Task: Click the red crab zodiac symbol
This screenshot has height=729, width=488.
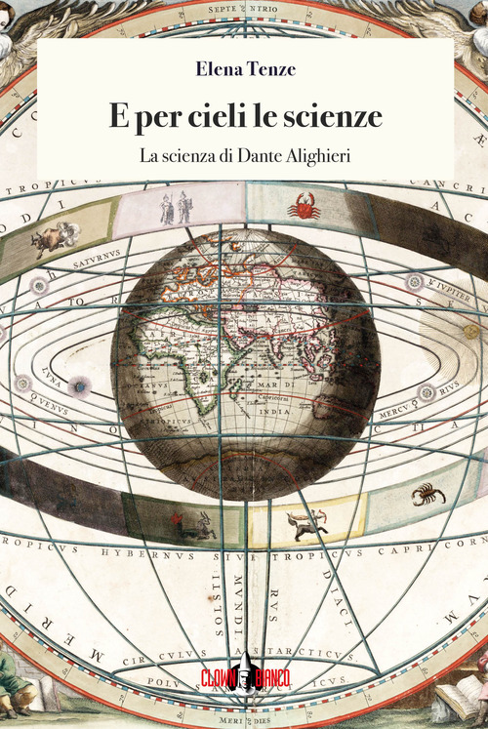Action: click(x=304, y=206)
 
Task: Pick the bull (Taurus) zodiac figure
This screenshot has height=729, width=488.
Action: click(x=55, y=237)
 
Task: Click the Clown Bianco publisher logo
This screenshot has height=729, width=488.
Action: click(x=245, y=672)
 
